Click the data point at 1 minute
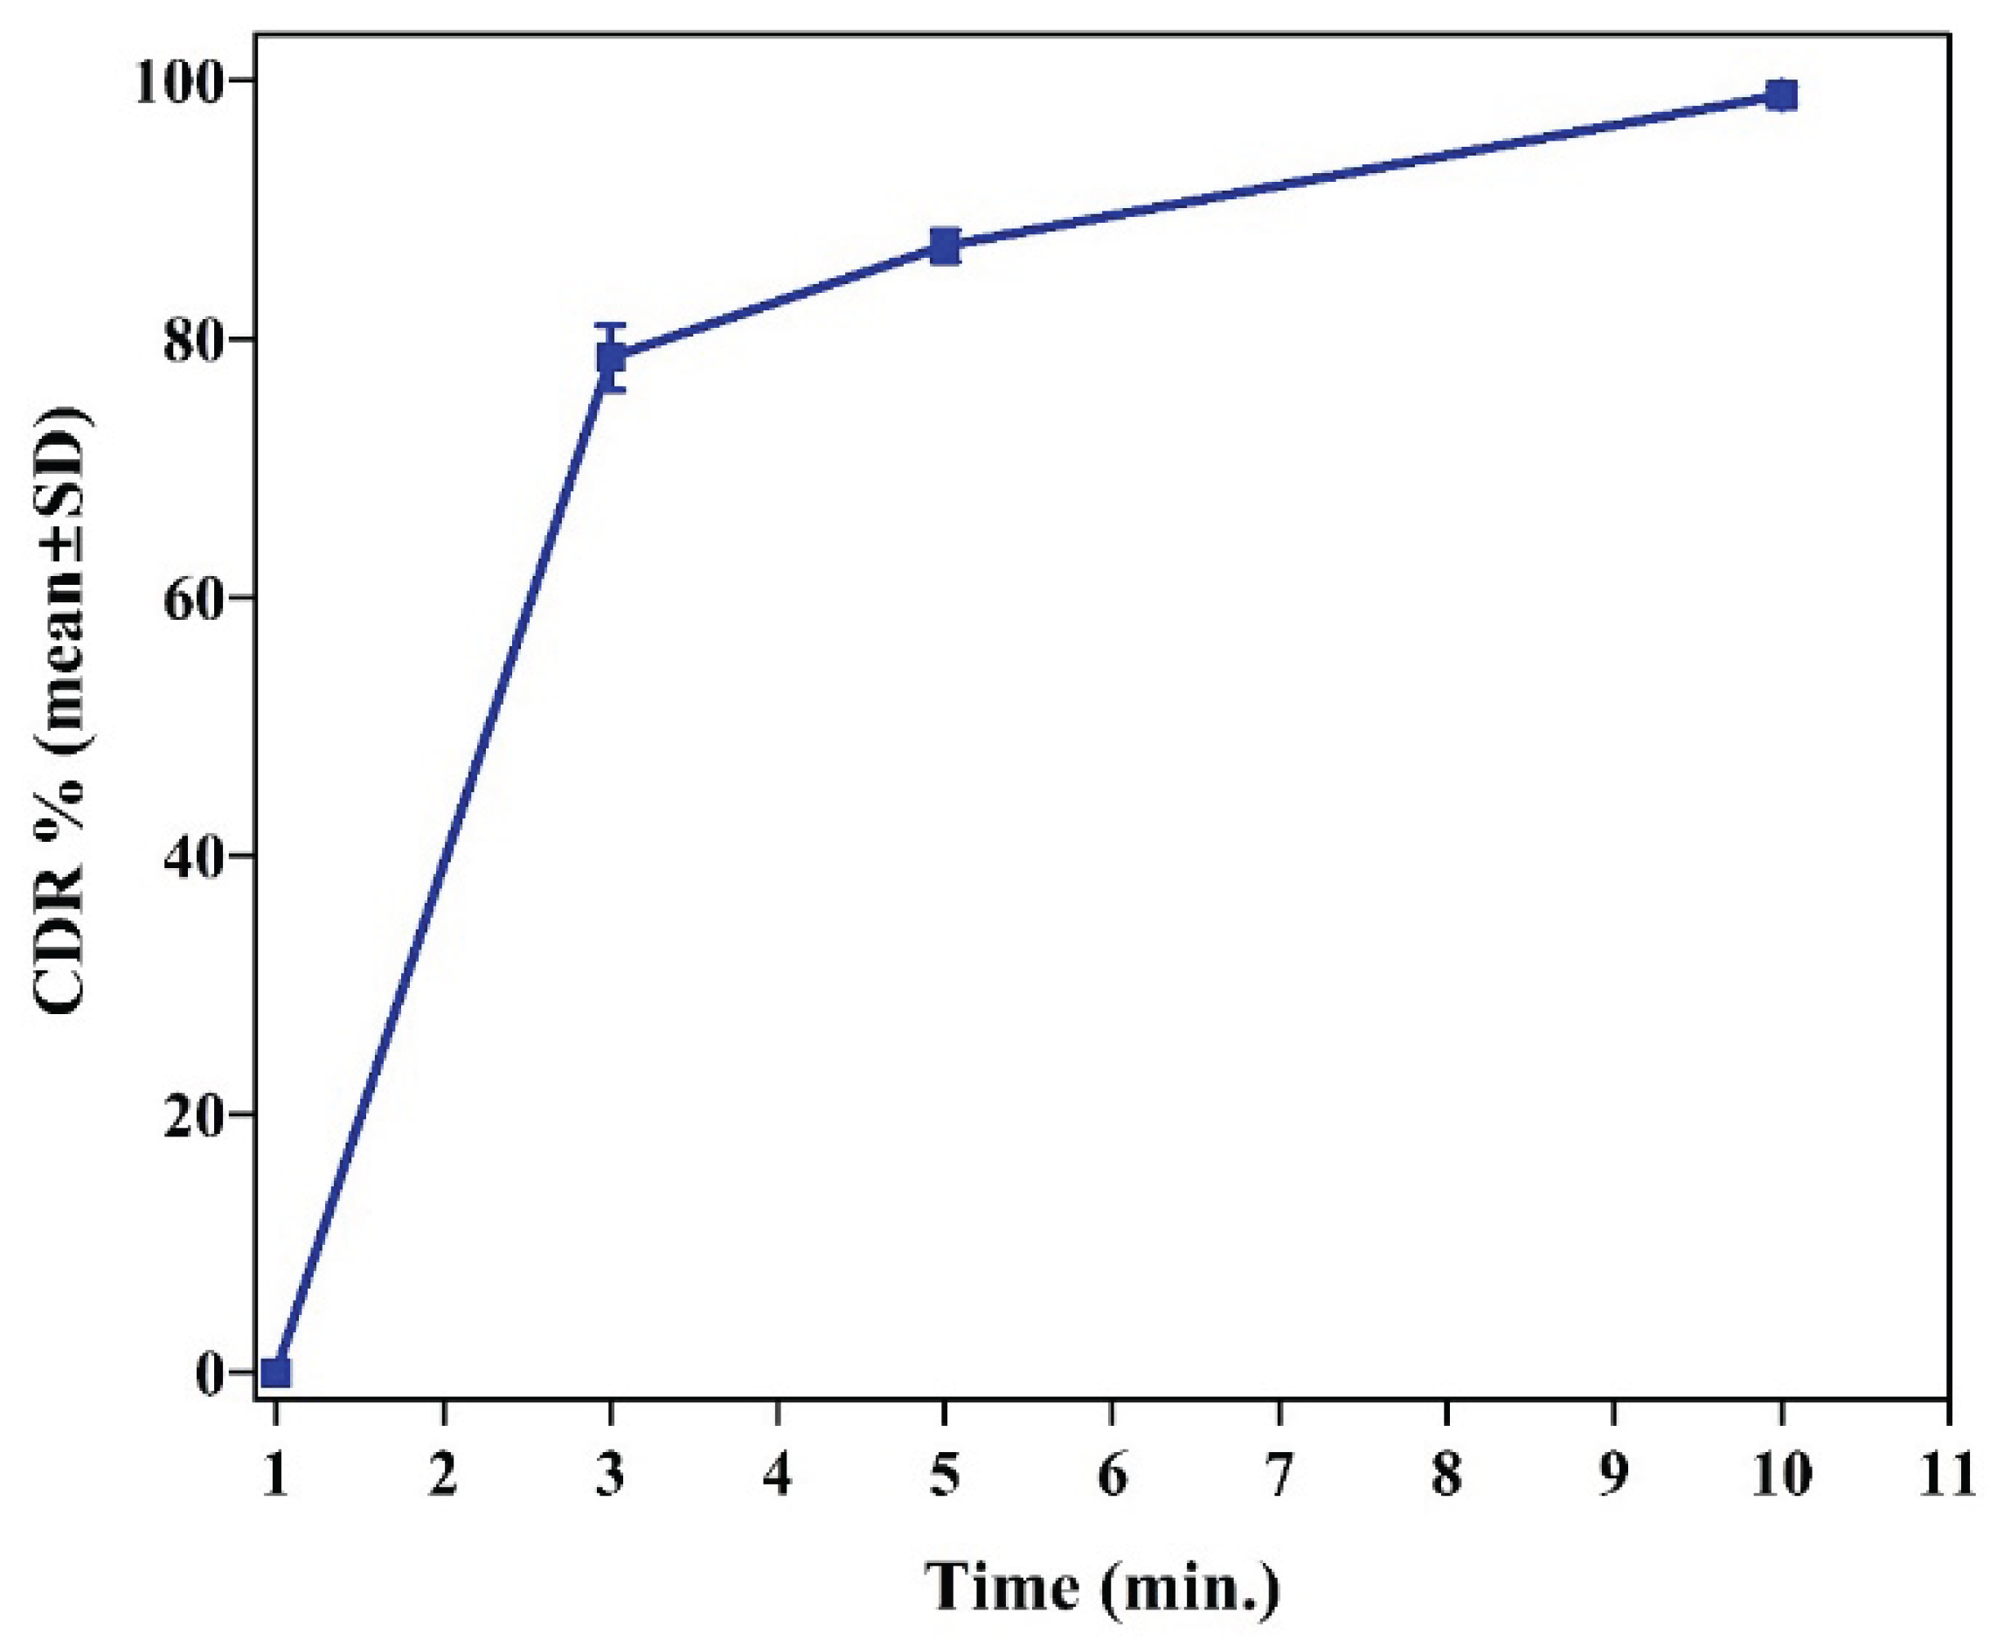pyautogui.click(x=276, y=1372)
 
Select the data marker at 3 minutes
pyautogui.click(x=611, y=358)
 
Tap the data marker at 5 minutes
pyautogui.click(x=945, y=247)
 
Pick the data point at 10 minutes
pyautogui.click(x=1781, y=94)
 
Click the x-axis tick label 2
pyautogui.click(x=443, y=1477)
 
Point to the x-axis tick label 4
pyautogui.click(x=778, y=1477)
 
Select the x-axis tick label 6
pyautogui.click(x=1113, y=1477)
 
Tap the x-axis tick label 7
pyautogui.click(x=1280, y=1477)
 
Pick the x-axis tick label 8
pyautogui.click(x=1447, y=1477)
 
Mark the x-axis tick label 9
pyautogui.click(x=1615, y=1477)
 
